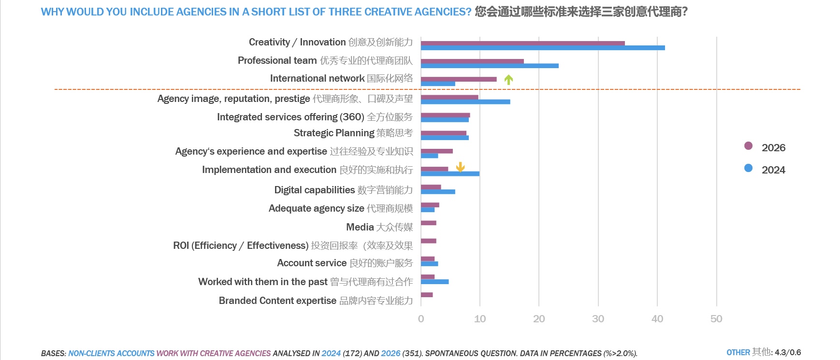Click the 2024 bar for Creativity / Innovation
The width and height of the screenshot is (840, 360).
[542, 48]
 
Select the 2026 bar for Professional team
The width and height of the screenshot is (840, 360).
[472, 61]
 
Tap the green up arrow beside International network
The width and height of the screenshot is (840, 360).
[508, 80]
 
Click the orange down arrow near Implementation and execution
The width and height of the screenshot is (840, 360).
[460, 167]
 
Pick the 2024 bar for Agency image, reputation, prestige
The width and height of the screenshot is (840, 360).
[465, 101]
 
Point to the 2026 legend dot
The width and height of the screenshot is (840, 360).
[748, 146]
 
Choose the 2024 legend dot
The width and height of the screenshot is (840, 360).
[748, 168]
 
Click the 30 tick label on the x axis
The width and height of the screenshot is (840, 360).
[598, 319]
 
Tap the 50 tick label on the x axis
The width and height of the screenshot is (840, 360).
[716, 319]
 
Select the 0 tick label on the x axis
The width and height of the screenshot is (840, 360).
[421, 319]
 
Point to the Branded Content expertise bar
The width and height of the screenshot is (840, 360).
[427, 295]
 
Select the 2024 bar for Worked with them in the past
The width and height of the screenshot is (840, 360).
[434, 282]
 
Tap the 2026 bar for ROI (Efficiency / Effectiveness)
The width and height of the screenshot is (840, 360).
[428, 241]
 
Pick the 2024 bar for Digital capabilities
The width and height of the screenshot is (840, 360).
[438, 192]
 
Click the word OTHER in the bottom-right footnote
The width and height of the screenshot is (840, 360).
[738, 353]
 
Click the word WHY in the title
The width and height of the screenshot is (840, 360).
[53, 12]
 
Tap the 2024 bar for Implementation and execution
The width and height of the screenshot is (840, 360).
[450, 174]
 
